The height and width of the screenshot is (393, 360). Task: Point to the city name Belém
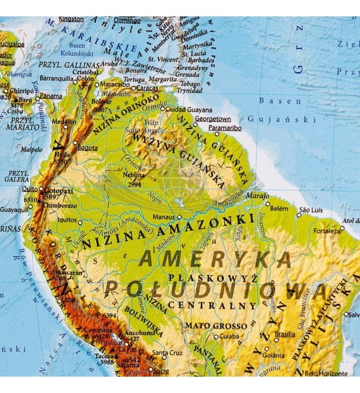[278, 208]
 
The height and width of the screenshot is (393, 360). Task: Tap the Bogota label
[88, 148]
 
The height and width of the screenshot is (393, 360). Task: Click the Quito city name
[29, 189]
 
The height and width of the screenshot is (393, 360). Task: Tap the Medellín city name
[63, 121]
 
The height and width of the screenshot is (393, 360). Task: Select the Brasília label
[285, 333]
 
